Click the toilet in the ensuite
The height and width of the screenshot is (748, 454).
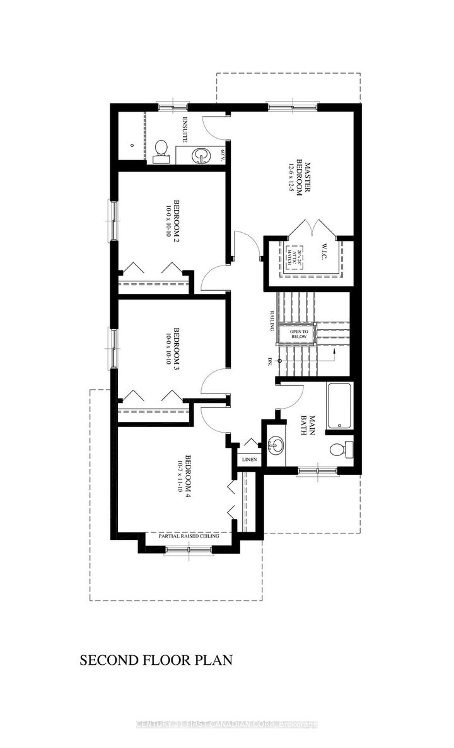pyautogui.click(x=161, y=149)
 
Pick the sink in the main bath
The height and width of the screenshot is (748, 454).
pyautogui.click(x=275, y=446)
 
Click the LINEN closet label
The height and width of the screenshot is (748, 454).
pyautogui.click(x=248, y=460)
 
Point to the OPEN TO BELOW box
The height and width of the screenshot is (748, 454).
pyautogui.click(x=299, y=335)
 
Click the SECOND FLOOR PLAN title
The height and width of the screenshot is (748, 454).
pyautogui.click(x=156, y=660)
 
